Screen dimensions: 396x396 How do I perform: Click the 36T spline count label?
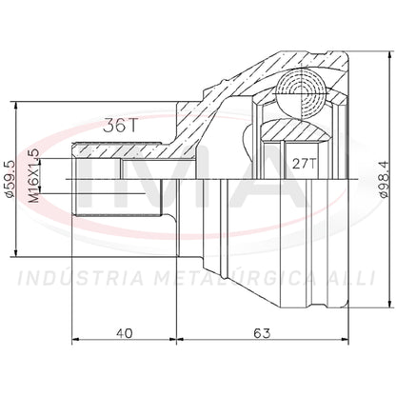120,126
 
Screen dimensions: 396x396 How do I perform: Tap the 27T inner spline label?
304,164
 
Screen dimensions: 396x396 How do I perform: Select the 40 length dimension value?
124,333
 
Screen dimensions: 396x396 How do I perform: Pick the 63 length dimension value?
262,333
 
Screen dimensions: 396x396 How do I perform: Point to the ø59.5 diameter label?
10,179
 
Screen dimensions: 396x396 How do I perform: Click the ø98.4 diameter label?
384,179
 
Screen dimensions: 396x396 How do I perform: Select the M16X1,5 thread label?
34,175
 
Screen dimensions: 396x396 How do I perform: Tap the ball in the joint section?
301,94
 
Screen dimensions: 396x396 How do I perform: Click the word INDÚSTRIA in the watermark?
81,278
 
